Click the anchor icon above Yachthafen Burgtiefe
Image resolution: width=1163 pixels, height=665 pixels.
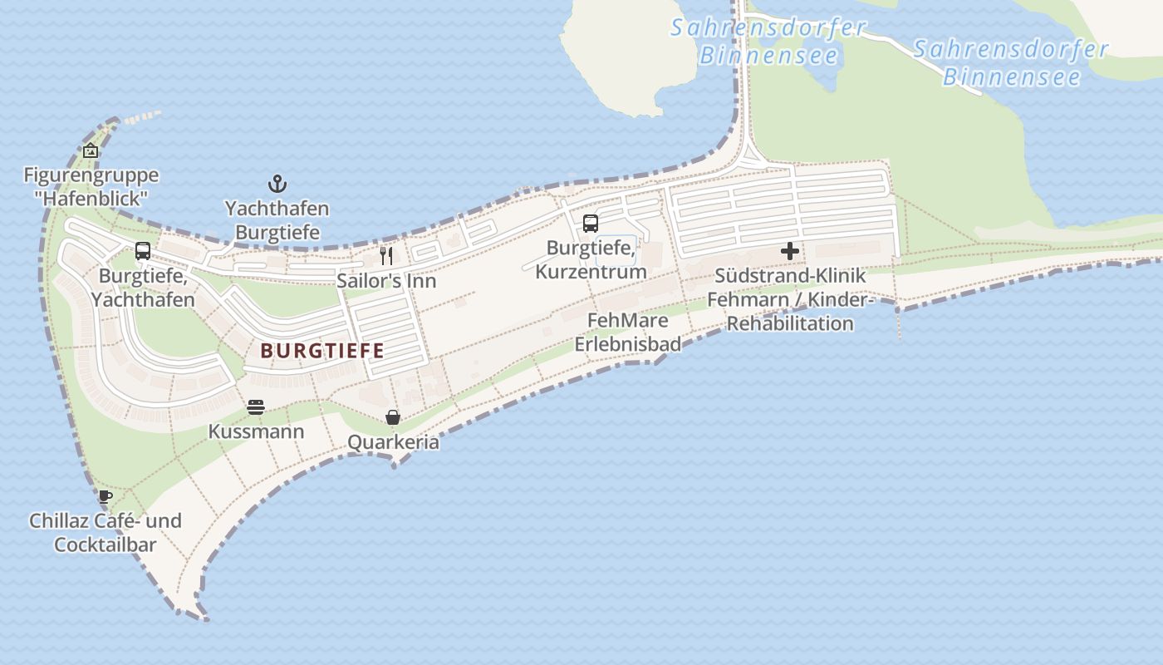pos(277,184)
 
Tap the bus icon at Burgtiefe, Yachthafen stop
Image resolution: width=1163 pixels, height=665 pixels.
pos(143,250)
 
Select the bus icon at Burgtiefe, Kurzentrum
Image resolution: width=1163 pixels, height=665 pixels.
pos(591,223)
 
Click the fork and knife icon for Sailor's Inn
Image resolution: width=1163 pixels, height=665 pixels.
pos(386,255)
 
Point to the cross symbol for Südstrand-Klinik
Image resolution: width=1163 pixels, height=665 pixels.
pos(790,250)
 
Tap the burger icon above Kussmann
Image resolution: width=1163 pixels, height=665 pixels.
pos(256,407)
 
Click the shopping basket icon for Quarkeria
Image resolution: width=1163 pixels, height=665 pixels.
pos(393,417)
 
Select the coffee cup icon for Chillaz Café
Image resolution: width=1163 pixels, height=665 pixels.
pos(105,496)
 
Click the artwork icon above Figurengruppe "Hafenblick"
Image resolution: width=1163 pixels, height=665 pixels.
pos(91,150)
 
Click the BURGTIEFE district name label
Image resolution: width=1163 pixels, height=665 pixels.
pos(322,351)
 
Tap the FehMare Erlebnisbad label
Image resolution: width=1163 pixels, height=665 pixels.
pos(628,332)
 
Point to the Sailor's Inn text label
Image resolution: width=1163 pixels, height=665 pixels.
pos(386,281)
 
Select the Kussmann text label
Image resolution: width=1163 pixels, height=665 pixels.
pos(256,432)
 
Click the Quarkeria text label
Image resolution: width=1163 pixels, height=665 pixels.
pos(393,442)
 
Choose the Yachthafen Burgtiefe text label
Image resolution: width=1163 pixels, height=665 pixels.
pos(277,220)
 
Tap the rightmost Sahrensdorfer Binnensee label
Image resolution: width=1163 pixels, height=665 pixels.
pos(1011,63)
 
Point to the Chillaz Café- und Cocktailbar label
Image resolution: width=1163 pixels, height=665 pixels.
pos(106,533)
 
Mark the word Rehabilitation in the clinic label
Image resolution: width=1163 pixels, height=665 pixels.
pos(790,323)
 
